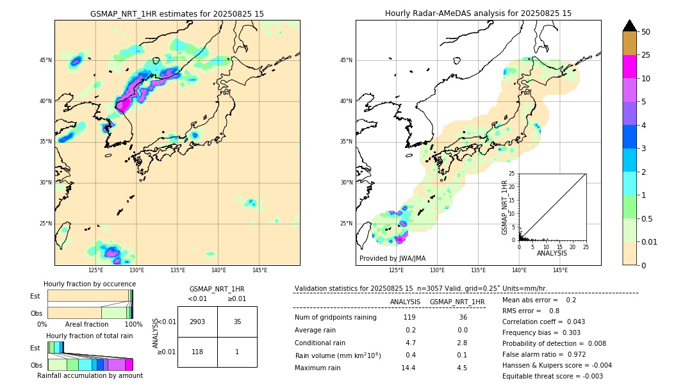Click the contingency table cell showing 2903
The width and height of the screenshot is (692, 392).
pos(197,322)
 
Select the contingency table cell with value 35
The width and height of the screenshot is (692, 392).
pos(237,322)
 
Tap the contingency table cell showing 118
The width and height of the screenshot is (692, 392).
pos(197,351)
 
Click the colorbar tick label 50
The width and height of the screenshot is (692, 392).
pos(646,32)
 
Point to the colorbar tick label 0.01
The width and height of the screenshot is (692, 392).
pos(649,241)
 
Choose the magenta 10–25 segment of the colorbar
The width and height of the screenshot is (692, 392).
pos(629,67)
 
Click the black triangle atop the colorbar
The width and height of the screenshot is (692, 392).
pos(629,26)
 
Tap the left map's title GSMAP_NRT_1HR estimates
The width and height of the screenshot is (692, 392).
pos(177,13)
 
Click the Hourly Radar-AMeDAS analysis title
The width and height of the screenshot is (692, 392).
pos(478,13)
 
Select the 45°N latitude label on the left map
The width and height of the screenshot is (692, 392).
pos(45,60)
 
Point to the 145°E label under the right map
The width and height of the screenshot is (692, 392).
pos(559,270)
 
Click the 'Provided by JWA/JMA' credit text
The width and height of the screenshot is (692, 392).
pos(392,258)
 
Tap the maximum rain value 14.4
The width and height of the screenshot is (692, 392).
pos(409,368)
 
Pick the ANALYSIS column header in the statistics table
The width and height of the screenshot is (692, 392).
pos(405,302)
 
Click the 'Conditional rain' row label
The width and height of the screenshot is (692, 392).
pos(320,343)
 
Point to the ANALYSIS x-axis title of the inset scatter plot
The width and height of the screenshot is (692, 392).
pos(552,253)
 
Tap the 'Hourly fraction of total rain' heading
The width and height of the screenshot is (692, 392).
pos(90,336)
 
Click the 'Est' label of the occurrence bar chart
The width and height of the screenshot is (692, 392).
pos(35,296)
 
